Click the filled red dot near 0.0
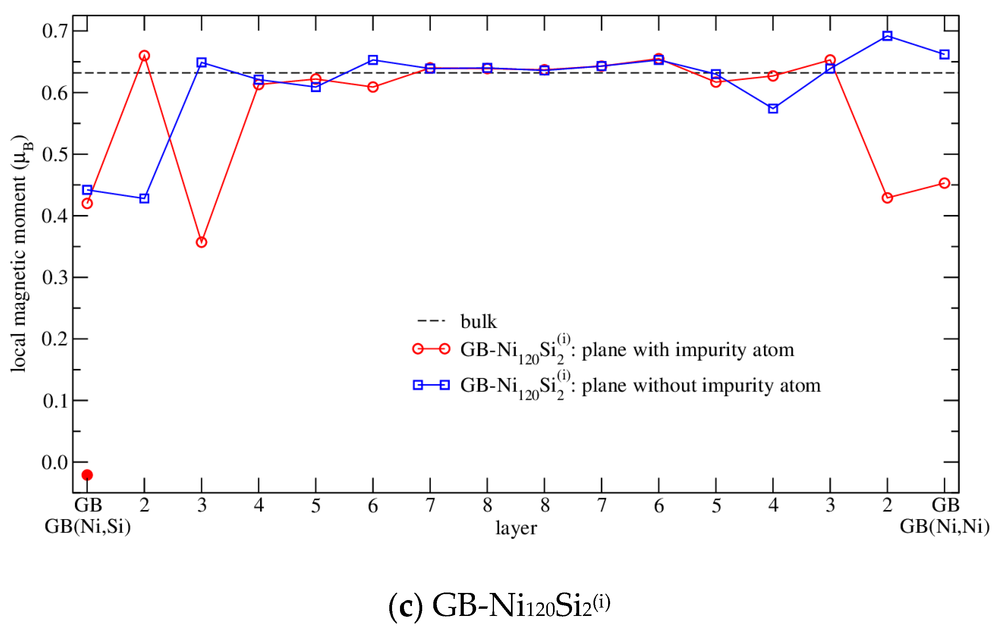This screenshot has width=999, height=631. point(87,475)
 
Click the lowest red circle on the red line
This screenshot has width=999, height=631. point(201,242)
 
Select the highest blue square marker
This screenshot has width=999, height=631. point(887,36)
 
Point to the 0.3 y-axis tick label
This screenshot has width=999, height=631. point(55,277)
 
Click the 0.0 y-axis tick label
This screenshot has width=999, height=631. point(55,462)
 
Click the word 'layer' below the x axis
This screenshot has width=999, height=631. point(516,528)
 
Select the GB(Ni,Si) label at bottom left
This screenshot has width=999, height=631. point(88,526)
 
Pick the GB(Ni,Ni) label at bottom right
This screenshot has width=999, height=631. point(945,526)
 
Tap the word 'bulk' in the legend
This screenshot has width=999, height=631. point(478,321)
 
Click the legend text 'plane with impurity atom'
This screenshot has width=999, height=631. point(688,349)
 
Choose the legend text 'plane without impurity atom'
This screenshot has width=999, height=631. point(701,385)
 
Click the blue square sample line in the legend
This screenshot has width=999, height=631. point(431,385)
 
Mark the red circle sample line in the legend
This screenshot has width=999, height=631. point(431,349)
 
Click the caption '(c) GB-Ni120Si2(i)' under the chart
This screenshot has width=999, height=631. point(499,605)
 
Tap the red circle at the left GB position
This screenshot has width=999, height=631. point(87,203)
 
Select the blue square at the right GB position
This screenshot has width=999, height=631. point(944,54)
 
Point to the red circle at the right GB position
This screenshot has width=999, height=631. point(944,183)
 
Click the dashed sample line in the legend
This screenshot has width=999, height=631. point(431,321)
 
